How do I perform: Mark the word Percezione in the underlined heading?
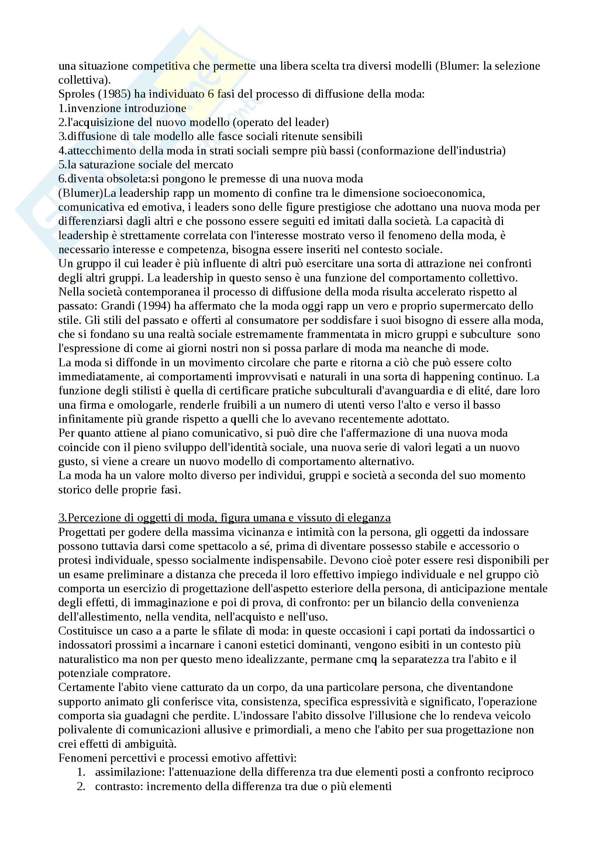click(x=94, y=518)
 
